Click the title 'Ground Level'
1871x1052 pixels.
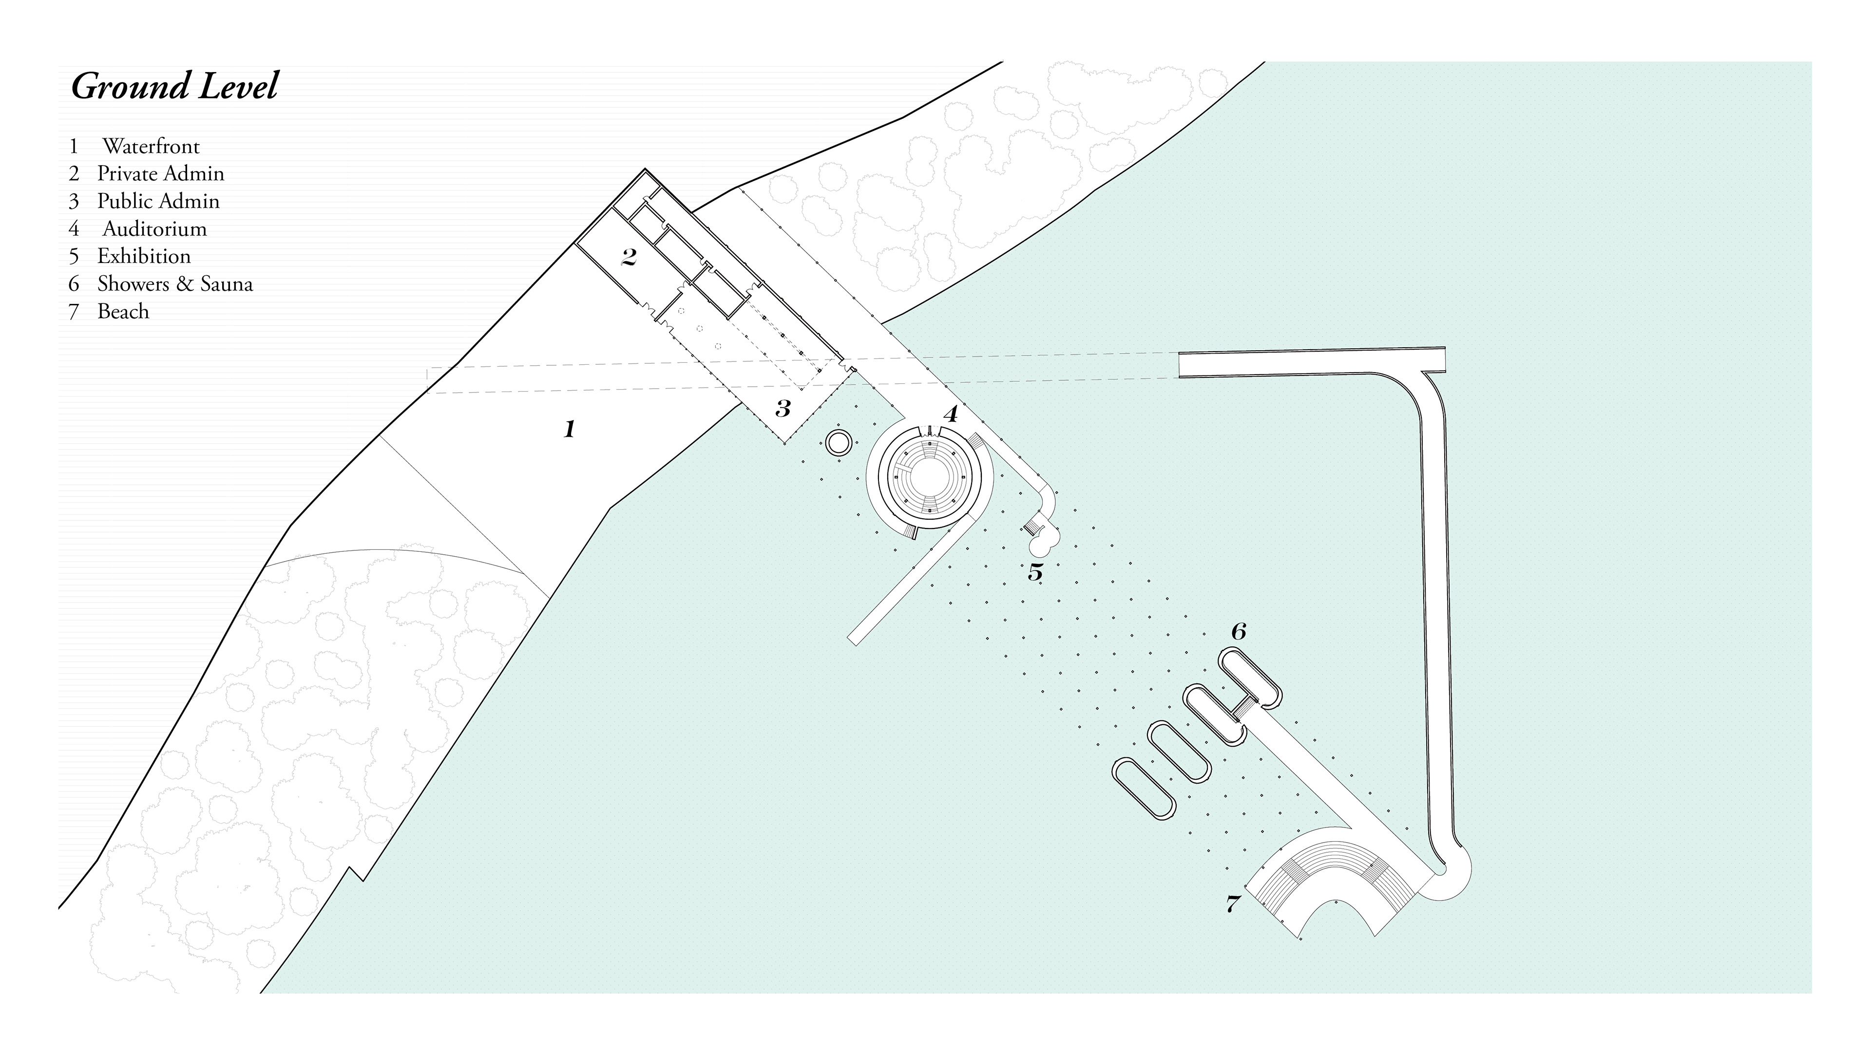[174, 86]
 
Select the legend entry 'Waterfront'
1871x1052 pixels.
[151, 147]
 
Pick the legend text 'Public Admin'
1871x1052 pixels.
[158, 202]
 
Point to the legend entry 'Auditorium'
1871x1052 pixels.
[154, 229]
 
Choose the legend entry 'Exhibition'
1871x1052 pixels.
[144, 256]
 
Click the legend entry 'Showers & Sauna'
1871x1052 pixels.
[175, 284]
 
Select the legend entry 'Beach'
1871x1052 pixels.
[123, 312]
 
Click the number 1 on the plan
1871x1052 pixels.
[570, 429]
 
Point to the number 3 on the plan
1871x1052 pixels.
[782, 409]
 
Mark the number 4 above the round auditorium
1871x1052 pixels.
[950, 414]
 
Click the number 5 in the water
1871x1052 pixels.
[1035, 572]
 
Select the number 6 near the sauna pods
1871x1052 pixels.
[1239, 632]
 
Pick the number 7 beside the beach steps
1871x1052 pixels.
[1233, 904]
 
